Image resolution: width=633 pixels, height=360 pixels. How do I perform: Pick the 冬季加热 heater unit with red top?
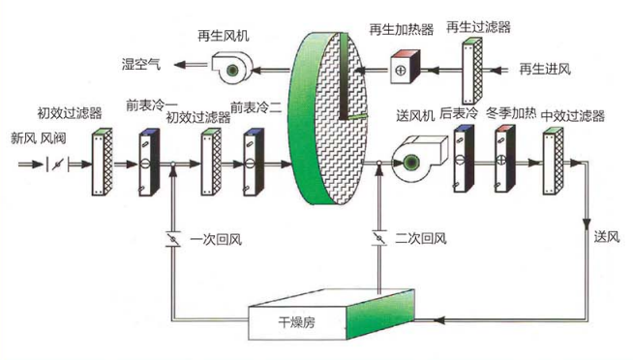pyautogui.click(x=501, y=160)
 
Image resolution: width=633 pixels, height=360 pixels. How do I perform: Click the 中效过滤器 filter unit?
pyautogui.click(x=552, y=160)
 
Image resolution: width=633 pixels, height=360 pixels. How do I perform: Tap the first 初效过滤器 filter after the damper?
pyautogui.click(x=100, y=163)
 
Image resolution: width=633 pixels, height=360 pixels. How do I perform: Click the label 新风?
pyautogui.click(x=23, y=137)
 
